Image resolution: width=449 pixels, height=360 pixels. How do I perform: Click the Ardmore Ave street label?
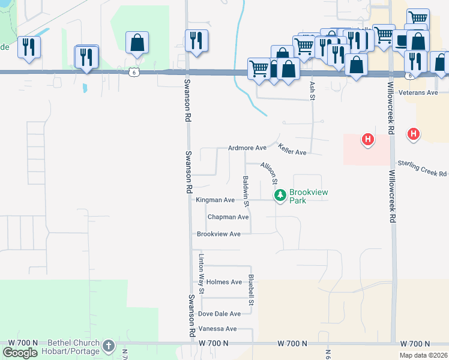[x=247, y=148]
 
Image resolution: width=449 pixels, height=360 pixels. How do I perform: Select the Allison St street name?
[x=269, y=173]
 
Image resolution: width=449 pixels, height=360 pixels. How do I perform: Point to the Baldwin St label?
[x=246, y=188]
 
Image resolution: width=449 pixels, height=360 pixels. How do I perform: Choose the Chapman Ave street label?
[x=228, y=217]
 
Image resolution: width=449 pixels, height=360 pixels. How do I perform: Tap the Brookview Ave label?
[x=218, y=234]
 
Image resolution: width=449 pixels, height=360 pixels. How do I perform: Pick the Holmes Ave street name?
[x=224, y=282]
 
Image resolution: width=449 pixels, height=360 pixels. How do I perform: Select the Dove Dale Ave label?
[x=219, y=314]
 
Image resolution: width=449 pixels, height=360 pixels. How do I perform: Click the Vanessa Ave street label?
[x=218, y=329]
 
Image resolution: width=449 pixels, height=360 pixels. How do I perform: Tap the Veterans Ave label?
[x=419, y=92]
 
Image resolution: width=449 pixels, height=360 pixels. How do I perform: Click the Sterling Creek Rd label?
[x=423, y=168]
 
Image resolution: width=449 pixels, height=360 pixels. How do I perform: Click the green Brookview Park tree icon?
[x=280, y=195]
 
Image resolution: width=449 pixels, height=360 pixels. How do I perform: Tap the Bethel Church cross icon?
[x=108, y=346]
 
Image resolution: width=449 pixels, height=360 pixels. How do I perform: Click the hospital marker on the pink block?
[x=368, y=140]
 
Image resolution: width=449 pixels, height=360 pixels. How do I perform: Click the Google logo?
[x=20, y=353]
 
